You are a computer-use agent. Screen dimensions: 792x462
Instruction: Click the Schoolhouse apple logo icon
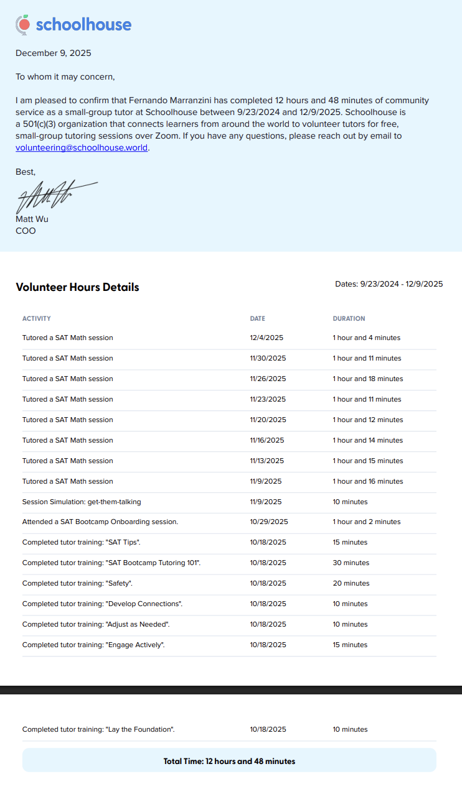[x=23, y=24]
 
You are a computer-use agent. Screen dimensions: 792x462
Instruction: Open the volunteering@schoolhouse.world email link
[x=82, y=148]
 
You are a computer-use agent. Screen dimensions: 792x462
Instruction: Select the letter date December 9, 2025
[x=54, y=53]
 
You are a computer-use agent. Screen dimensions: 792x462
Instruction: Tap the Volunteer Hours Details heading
[x=77, y=287]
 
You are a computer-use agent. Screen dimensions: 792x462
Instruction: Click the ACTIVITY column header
[x=37, y=318]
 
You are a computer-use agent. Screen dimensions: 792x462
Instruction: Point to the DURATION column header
[x=349, y=318]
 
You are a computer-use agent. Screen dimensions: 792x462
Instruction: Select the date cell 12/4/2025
[x=266, y=338]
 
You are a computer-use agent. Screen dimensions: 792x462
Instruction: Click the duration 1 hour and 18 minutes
[x=367, y=379]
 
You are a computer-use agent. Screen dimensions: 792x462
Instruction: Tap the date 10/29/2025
[x=269, y=522]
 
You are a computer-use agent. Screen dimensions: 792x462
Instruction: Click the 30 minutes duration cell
[x=351, y=563]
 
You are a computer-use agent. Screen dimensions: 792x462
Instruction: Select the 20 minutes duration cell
[x=351, y=583]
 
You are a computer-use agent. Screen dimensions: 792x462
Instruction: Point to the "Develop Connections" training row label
[x=102, y=604]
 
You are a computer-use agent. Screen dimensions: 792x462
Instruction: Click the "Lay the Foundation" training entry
[x=98, y=729]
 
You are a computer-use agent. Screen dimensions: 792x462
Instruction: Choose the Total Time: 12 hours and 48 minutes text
[x=229, y=761]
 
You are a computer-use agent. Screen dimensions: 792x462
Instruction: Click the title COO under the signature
[x=26, y=231]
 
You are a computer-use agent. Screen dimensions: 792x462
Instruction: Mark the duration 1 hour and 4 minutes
[x=366, y=338]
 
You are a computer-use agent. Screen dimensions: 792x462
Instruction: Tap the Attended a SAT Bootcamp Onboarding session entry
[x=100, y=522]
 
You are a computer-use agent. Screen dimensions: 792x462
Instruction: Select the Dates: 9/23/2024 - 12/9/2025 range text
[x=389, y=283]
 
